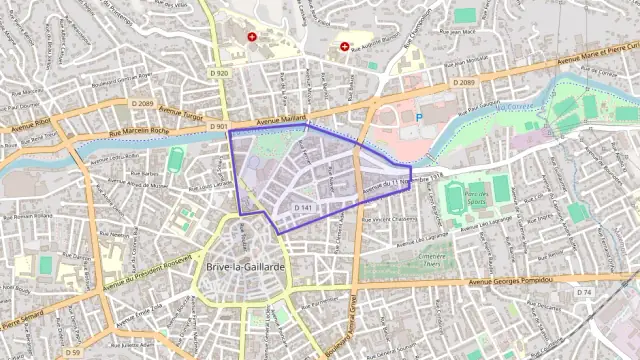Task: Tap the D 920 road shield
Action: pos(221,73)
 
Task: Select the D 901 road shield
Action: pos(219,127)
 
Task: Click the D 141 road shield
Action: pos(305,207)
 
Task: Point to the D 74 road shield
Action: pos(584,292)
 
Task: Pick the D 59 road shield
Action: pos(73,352)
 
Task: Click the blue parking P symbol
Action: pos(419,118)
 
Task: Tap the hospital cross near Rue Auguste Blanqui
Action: pos(345,46)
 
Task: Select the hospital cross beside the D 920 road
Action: pos(252,37)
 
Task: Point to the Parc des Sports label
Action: pos(474,197)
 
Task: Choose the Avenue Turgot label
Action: pos(181,113)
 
